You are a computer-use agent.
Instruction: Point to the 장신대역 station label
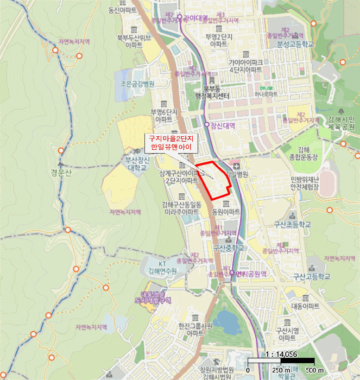coord(223,125)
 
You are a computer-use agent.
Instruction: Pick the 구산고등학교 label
coord(311,276)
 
